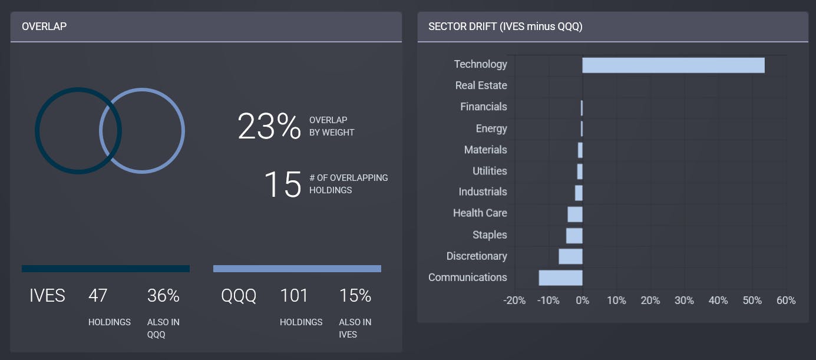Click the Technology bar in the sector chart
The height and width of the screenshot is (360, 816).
(x=673, y=65)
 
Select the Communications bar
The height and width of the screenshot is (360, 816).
(x=560, y=278)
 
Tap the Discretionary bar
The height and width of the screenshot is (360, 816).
(x=570, y=256)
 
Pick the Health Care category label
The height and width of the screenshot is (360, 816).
(x=480, y=213)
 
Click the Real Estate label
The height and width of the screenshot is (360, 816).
(x=481, y=85)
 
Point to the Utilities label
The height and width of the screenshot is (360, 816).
(x=490, y=171)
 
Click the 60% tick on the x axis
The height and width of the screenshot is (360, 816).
(x=786, y=300)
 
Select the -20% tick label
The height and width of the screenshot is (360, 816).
(x=514, y=300)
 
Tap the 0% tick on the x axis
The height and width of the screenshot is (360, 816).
(x=582, y=300)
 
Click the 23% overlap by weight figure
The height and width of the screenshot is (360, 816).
(x=269, y=126)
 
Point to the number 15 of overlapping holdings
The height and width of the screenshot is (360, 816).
(x=282, y=184)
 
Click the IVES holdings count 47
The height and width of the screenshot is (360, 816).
(x=98, y=295)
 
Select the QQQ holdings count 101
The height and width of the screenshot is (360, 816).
(x=294, y=295)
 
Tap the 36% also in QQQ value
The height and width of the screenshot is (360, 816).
(x=163, y=295)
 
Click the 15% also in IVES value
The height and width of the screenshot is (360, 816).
(x=355, y=295)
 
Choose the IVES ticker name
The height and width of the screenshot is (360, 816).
(x=47, y=295)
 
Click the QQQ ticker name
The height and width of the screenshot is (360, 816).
(x=239, y=295)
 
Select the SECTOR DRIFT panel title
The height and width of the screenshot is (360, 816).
(x=505, y=27)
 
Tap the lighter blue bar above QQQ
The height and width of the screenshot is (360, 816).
(x=297, y=269)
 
